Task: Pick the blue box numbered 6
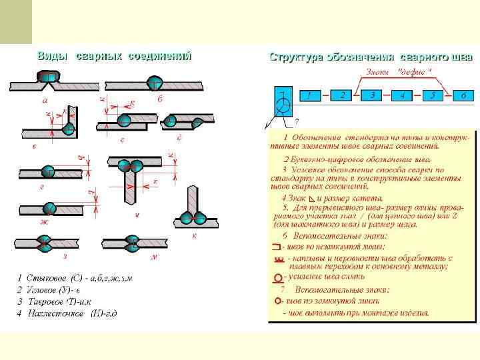(x=463, y=95)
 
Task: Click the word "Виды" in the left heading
(x=51, y=56)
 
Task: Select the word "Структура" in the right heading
(x=296, y=57)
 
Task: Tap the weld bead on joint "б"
(x=155, y=83)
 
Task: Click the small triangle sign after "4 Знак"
(x=313, y=199)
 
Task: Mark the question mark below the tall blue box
(x=296, y=122)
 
